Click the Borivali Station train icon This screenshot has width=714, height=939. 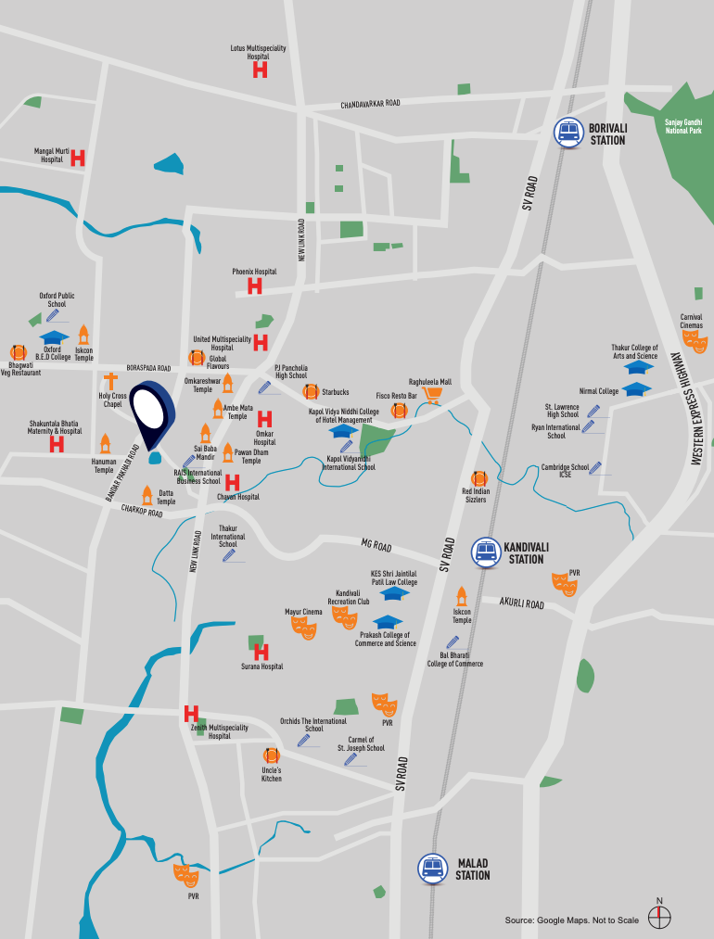(567, 133)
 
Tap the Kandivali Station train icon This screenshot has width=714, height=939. (485, 552)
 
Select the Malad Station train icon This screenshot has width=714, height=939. (431, 868)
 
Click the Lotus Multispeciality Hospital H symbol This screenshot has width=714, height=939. (260, 70)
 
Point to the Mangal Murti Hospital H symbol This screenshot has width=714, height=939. (78, 158)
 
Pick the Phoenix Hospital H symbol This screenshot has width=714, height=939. (254, 287)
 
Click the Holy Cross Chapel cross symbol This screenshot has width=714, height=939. (111, 382)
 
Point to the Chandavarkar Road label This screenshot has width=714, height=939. (370, 104)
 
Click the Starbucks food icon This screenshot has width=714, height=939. (311, 392)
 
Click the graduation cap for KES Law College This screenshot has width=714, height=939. (395, 593)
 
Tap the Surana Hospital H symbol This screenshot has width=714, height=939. (261, 653)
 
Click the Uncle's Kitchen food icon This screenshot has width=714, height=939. (271, 755)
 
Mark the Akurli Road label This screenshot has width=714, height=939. (522, 603)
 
